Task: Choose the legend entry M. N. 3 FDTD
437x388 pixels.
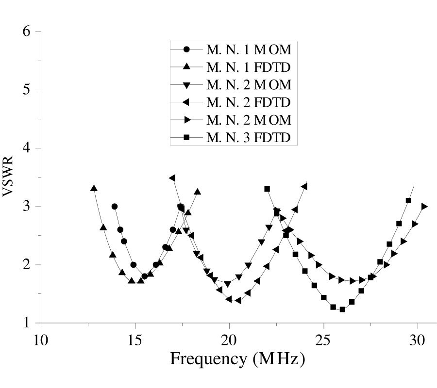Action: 249,139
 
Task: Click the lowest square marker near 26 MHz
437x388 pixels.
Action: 342,309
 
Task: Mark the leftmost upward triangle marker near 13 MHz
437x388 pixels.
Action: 94,188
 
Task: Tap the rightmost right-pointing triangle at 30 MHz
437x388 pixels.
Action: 424,206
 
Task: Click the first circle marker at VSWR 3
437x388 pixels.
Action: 115,206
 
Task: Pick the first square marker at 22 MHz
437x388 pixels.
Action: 267,189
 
